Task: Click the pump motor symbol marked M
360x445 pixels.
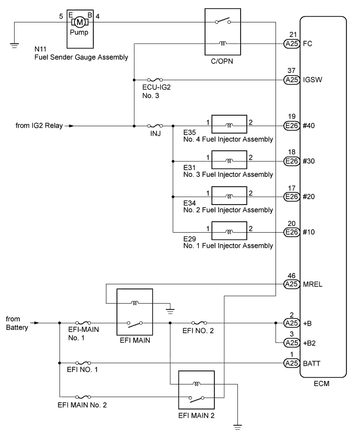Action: coord(80,22)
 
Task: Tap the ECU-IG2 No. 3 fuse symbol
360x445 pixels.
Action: coord(154,80)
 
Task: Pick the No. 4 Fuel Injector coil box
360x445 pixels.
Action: coord(229,126)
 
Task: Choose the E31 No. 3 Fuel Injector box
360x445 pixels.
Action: coord(229,161)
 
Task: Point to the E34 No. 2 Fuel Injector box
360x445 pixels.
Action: coord(229,196)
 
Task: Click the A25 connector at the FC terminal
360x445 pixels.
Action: coord(291,44)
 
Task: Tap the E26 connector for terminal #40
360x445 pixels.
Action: coord(291,126)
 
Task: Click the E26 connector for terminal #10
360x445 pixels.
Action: coord(291,232)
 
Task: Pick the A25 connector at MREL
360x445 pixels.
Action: coord(291,284)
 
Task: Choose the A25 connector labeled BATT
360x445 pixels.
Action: coord(291,363)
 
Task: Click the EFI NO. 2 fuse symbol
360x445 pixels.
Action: coord(200,323)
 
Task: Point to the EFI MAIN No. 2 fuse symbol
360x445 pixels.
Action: coord(83,396)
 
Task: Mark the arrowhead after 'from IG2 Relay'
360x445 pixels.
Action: coord(71,126)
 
